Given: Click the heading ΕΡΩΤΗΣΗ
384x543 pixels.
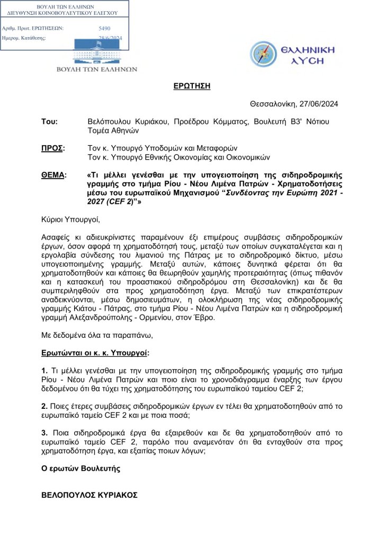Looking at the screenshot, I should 192,86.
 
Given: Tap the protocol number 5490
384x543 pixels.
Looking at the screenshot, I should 105,28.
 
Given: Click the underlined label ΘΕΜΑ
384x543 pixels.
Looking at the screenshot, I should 53,174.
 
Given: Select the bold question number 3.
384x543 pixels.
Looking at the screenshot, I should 44,433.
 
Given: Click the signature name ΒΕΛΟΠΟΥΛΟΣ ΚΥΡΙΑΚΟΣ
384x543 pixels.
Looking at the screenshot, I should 90,495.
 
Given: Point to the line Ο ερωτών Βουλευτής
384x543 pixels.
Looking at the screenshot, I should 81,468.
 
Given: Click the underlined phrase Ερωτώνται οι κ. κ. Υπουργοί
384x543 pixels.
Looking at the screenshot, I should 95,352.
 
